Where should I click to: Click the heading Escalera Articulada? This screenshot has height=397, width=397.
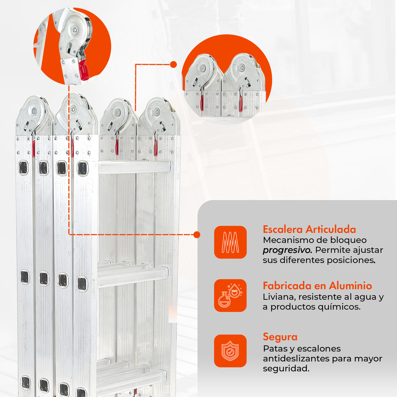tap(309, 229)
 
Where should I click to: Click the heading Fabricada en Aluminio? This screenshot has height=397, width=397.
tap(318, 286)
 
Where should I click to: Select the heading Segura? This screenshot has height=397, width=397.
tap(280, 337)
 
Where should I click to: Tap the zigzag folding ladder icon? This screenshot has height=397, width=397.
tap(230, 242)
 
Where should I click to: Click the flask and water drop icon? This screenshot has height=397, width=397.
tap(230, 296)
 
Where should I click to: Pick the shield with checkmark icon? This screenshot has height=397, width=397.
tap(230, 351)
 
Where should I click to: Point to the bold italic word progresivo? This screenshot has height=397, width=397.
tap(287, 250)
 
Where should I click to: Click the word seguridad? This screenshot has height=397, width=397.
tap(286, 369)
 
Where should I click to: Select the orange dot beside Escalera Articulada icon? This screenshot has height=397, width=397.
tap(197, 235)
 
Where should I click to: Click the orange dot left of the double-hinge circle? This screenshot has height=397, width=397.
tap(173, 65)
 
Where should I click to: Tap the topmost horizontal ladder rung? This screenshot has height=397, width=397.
tap(134, 167)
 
